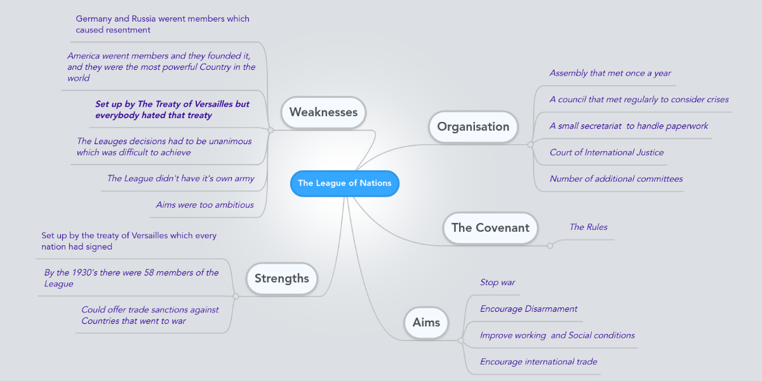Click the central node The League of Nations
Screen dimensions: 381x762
coord(345,184)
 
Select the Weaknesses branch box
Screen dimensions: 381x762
coord(323,112)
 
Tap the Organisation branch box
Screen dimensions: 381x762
coord(473,126)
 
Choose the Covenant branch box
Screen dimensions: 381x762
coord(490,227)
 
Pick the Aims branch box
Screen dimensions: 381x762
coord(426,323)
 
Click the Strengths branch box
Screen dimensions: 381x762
coord(281,278)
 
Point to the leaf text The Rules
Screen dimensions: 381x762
coord(588,227)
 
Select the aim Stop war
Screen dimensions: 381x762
coord(497,282)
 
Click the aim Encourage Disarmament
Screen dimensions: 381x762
coord(528,309)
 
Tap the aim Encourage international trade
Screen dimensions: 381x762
coord(538,361)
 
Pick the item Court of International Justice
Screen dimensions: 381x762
coord(606,152)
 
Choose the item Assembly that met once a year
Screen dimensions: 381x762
coord(610,73)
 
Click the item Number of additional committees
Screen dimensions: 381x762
coord(616,178)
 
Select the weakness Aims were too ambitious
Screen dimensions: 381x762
coord(204,204)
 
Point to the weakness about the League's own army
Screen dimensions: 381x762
coord(180,178)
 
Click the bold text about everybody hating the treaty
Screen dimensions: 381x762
coord(172,110)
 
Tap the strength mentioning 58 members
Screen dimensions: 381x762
coord(131,278)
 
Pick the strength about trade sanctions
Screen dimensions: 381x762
coord(149,315)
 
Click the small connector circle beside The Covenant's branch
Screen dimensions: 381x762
coord(550,246)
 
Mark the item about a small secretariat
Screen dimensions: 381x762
coord(629,126)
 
